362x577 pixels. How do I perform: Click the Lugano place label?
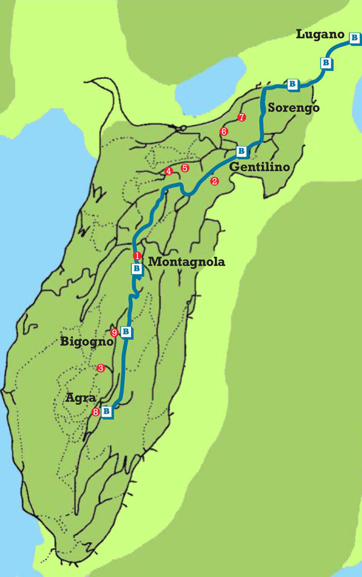tap(320, 34)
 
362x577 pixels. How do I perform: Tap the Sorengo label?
tap(293, 108)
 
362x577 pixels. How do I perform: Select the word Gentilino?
tap(259, 166)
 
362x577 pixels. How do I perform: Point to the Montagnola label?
tap(186, 262)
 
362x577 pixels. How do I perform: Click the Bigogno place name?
tap(87, 342)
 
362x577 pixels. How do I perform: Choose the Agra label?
tap(79, 399)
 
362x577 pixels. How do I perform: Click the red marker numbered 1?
tap(137, 256)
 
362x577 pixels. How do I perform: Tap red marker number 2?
tap(214, 180)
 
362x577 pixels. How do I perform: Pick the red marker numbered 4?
tap(168, 172)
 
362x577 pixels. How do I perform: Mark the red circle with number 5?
tap(185, 168)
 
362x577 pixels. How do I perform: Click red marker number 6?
tap(224, 131)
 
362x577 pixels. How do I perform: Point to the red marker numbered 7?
tap(241, 118)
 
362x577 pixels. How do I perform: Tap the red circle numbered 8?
tap(95, 412)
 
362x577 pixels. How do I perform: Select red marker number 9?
tap(115, 332)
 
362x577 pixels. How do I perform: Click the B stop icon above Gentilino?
tap(241, 150)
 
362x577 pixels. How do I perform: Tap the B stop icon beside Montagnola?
tap(137, 268)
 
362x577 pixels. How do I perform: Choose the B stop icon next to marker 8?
tap(107, 412)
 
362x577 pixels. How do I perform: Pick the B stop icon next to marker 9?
tap(126, 331)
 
